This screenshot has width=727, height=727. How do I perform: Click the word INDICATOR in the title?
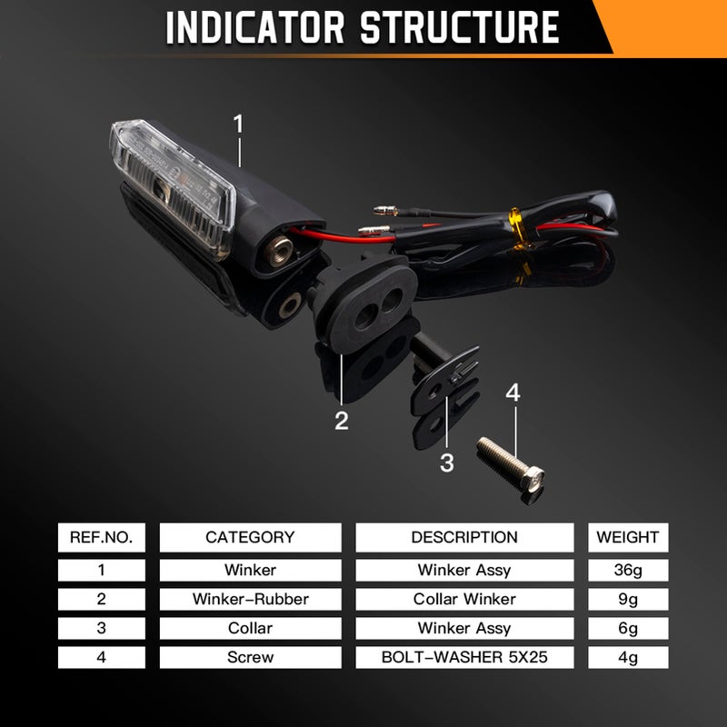click(x=255, y=27)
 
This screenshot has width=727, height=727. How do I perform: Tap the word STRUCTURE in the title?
click(x=460, y=27)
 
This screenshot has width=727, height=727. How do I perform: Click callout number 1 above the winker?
click(x=238, y=124)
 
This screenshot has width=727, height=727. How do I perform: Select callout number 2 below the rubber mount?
click(x=342, y=421)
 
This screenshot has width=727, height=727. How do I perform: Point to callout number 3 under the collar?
click(x=447, y=463)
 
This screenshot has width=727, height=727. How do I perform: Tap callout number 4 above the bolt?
click(x=513, y=393)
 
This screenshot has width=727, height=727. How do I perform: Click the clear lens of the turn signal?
click(x=172, y=185)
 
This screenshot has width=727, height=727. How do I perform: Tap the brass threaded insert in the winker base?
click(x=279, y=251)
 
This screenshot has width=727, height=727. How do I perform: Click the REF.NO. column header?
click(x=102, y=537)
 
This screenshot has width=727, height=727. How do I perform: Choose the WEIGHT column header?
click(x=628, y=537)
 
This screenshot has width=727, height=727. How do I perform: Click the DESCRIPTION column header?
click(x=464, y=537)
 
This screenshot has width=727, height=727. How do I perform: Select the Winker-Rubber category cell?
click(x=251, y=599)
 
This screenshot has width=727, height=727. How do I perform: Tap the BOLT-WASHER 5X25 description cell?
click(x=464, y=657)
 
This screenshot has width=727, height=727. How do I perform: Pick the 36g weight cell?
click(x=628, y=570)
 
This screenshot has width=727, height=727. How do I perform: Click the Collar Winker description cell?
click(x=464, y=599)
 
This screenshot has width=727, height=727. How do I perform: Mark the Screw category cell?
click(x=251, y=657)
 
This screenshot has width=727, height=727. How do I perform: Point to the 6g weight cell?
click(x=628, y=628)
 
